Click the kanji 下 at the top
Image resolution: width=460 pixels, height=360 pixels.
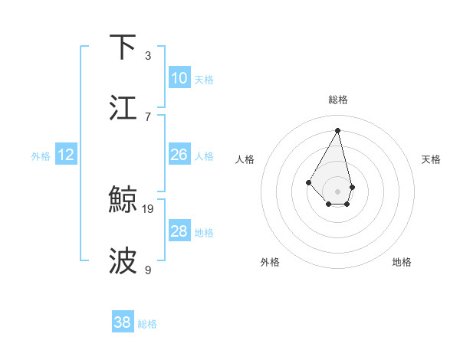pyautogui.click(x=123, y=47)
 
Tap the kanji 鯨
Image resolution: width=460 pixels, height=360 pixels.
pyautogui.click(x=123, y=201)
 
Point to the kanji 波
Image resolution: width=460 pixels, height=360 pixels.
pyautogui.click(x=123, y=261)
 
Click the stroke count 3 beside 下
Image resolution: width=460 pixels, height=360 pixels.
pyautogui.click(x=148, y=56)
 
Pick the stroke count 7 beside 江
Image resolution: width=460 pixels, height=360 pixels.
pyautogui.click(x=148, y=116)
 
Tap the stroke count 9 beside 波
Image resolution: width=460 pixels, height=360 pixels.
pyautogui.click(x=148, y=270)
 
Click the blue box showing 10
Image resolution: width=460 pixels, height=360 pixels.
pyautogui.click(x=179, y=78)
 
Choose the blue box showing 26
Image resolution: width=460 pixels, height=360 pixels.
pyautogui.click(x=179, y=155)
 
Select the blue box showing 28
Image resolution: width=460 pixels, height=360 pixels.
pyautogui.click(x=179, y=231)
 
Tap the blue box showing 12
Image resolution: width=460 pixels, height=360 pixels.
pyautogui.click(x=66, y=155)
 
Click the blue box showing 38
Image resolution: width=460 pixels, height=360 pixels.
pyautogui.click(x=122, y=322)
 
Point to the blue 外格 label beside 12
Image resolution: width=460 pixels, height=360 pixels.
pyautogui.click(x=41, y=156)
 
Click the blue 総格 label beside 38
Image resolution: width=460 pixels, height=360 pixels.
pyautogui.click(x=147, y=324)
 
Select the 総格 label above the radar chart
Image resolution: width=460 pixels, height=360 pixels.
pyautogui.click(x=337, y=100)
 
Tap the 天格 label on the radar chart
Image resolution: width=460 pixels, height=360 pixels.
pyautogui.click(x=432, y=159)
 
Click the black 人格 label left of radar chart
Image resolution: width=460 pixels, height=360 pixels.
pyautogui.click(x=245, y=159)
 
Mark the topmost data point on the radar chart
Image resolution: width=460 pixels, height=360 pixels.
pyautogui.click(x=337, y=131)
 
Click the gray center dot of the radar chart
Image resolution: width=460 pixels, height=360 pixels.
pyautogui.click(x=337, y=191)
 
